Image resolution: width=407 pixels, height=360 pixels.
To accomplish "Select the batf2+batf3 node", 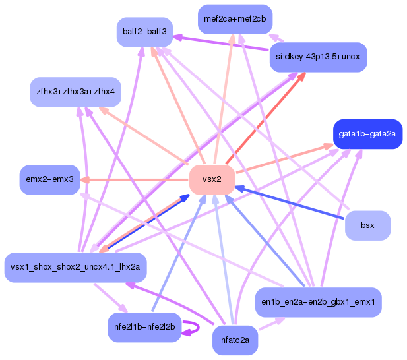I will tap(144, 32).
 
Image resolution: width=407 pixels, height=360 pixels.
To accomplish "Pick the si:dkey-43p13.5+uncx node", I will tap(318, 57).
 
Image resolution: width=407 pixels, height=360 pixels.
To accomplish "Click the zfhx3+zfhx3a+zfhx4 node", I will tap(76, 92).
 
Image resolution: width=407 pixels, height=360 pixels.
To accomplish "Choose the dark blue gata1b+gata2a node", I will tap(367, 134).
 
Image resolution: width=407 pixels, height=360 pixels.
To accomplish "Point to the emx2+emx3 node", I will tap(49, 179).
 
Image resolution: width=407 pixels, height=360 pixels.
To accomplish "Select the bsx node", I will tap(367, 225).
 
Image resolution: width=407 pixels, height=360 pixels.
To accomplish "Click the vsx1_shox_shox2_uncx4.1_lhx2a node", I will tap(75, 267).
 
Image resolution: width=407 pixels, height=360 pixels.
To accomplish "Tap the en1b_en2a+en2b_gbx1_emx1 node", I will tap(318, 303).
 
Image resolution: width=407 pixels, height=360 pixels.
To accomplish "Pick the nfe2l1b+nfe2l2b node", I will tap(144, 326).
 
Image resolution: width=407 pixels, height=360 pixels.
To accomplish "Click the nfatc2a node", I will tap(235, 342).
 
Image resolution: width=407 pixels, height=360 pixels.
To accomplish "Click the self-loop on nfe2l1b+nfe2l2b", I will tap(194, 327).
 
